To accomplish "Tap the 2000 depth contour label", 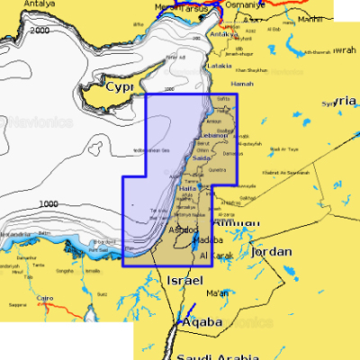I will (x=40, y=31).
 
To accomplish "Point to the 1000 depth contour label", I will (x=49, y=204).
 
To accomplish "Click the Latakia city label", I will (x=220, y=65).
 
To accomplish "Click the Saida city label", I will (x=202, y=158).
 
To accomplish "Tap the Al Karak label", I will (x=216, y=256).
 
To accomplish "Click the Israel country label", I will (x=180, y=282).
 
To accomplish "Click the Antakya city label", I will (x=219, y=34).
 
